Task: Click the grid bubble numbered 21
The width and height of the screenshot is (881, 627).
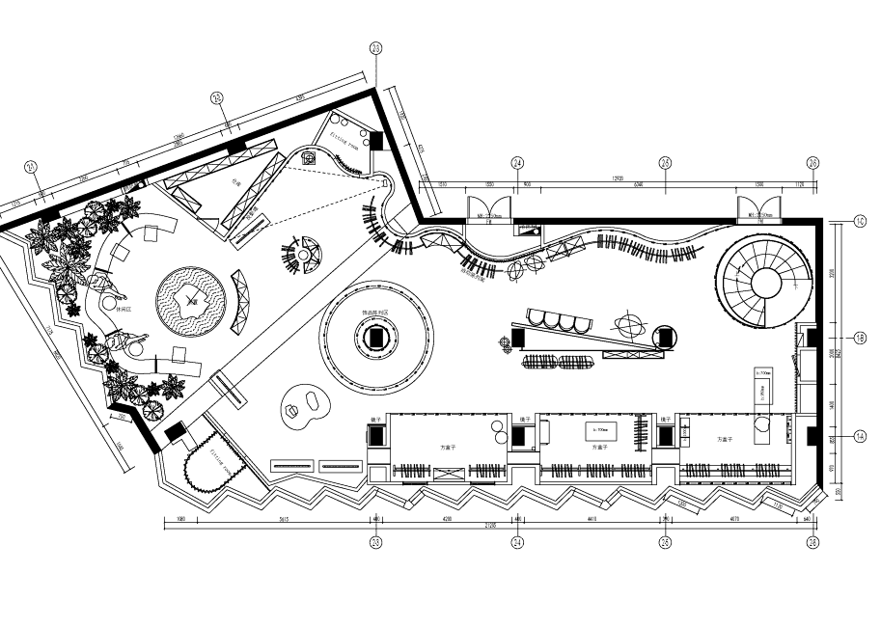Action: [x=32, y=167]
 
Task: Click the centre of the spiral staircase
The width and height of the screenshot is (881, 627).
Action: [x=767, y=282]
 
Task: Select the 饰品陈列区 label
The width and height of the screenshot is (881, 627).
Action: [x=374, y=313]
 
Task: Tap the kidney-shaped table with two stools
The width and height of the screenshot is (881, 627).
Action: [x=304, y=406]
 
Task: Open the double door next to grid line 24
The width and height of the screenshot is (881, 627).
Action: [x=485, y=208]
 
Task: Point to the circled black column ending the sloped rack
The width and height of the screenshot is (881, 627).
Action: [x=664, y=336]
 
